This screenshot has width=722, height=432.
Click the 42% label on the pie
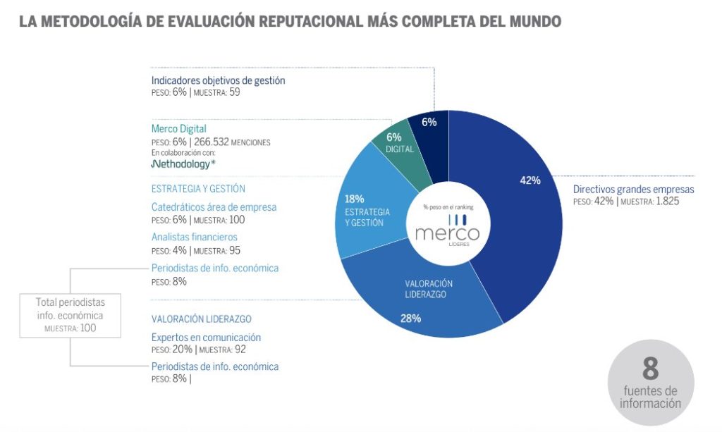coord(530,180)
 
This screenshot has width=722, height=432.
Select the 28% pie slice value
coord(410,318)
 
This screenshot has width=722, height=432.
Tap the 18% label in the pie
coord(354,199)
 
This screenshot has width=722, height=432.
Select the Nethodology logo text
coord(183,164)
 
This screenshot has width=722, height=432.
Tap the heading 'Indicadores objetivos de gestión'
coord(218,80)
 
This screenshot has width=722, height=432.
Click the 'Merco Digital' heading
coord(178,129)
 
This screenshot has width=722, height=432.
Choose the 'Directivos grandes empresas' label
coord(633,189)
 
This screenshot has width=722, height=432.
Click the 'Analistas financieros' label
coord(194,237)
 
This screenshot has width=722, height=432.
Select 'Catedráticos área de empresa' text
coord(214,207)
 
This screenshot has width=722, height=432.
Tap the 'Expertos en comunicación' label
coord(206,338)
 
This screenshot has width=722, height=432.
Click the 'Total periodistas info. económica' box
coord(70,314)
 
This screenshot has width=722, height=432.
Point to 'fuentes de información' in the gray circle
coord(650,397)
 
